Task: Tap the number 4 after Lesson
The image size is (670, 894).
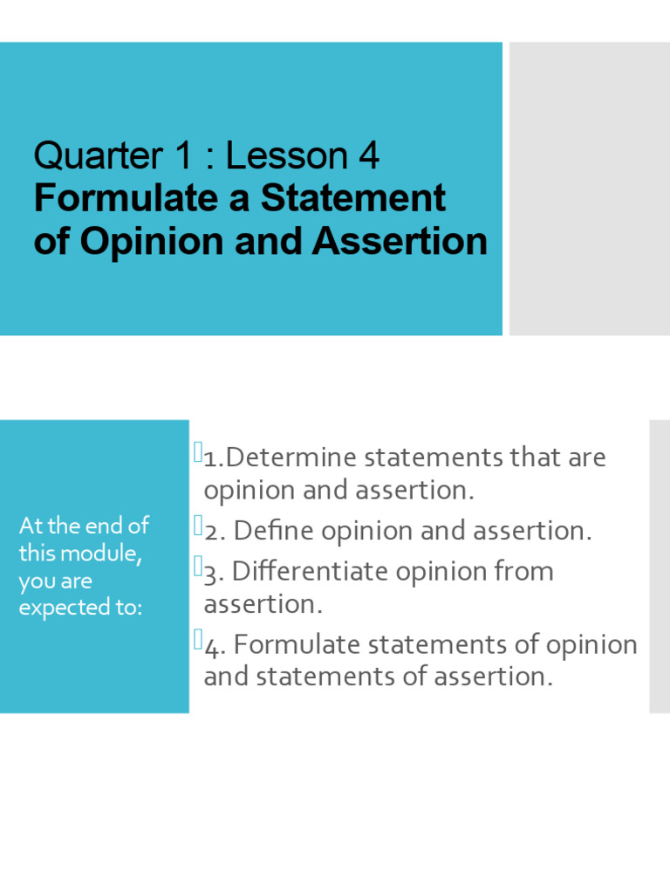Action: coord(367,156)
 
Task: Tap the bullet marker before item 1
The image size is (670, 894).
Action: coord(197,452)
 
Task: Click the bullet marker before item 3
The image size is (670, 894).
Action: coord(197,567)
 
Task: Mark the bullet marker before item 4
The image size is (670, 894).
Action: coord(197,640)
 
